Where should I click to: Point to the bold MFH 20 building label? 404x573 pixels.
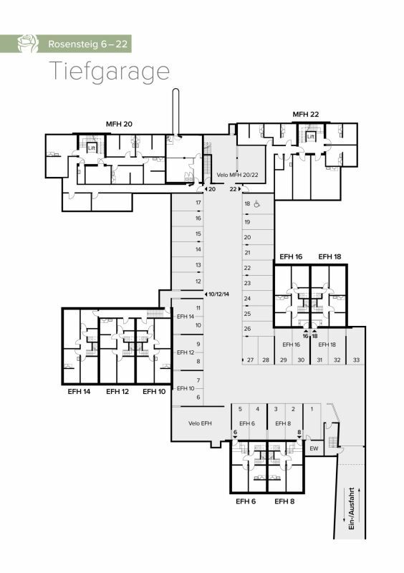(119, 124)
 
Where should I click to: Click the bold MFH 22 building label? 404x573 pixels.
(305, 115)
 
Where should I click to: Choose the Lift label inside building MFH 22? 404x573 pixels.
(311, 136)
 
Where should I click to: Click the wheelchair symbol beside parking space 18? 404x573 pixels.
(258, 203)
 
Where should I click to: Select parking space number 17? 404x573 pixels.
(198, 203)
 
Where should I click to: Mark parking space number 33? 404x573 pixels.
(356, 360)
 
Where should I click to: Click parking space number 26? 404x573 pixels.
(247, 329)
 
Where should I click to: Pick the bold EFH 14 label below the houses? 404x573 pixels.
(77, 392)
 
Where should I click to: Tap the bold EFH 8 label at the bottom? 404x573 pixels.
(284, 501)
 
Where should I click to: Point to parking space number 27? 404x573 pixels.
(251, 360)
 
